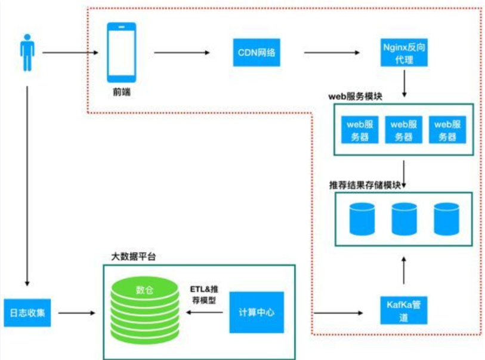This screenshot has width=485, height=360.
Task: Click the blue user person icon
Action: (x=26, y=53)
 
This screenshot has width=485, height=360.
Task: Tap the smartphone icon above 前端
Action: (x=121, y=53)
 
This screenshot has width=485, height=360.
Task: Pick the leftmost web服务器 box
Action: (x=360, y=130)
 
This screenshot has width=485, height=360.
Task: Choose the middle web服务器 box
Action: (x=403, y=130)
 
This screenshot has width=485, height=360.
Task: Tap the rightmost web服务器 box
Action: (x=447, y=130)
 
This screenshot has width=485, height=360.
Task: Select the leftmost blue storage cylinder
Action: (x=360, y=219)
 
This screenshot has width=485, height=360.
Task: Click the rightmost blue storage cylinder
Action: (x=446, y=219)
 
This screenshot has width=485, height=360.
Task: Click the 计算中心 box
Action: (x=257, y=312)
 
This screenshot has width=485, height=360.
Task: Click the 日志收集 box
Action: (x=27, y=312)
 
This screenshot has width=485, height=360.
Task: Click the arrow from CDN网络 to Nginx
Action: (x=332, y=53)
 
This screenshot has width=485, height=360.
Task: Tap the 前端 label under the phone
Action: (x=121, y=93)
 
